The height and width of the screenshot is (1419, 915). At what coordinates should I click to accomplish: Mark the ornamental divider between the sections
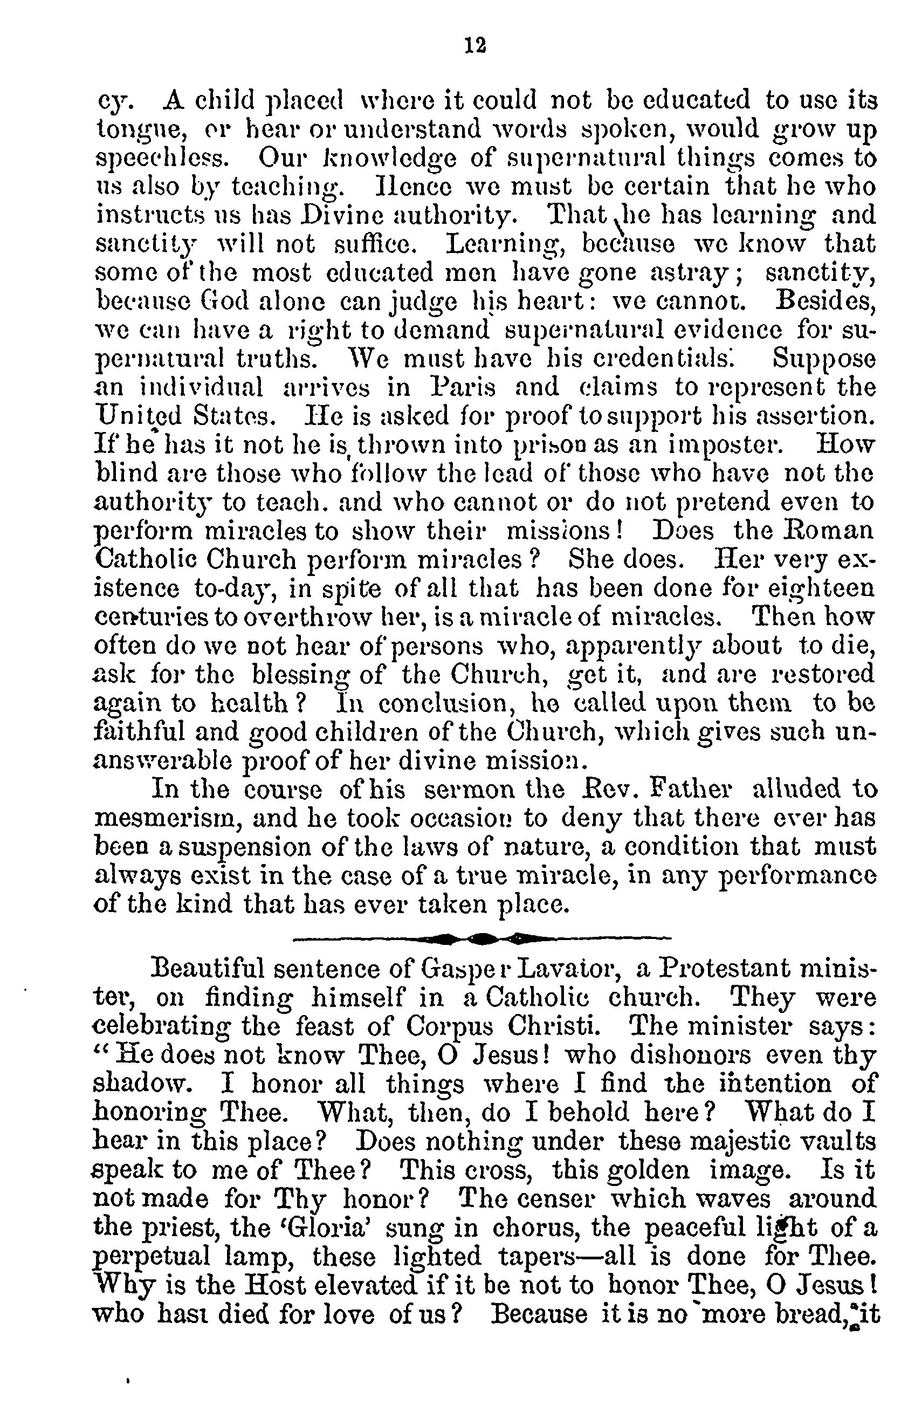click(x=481, y=938)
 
